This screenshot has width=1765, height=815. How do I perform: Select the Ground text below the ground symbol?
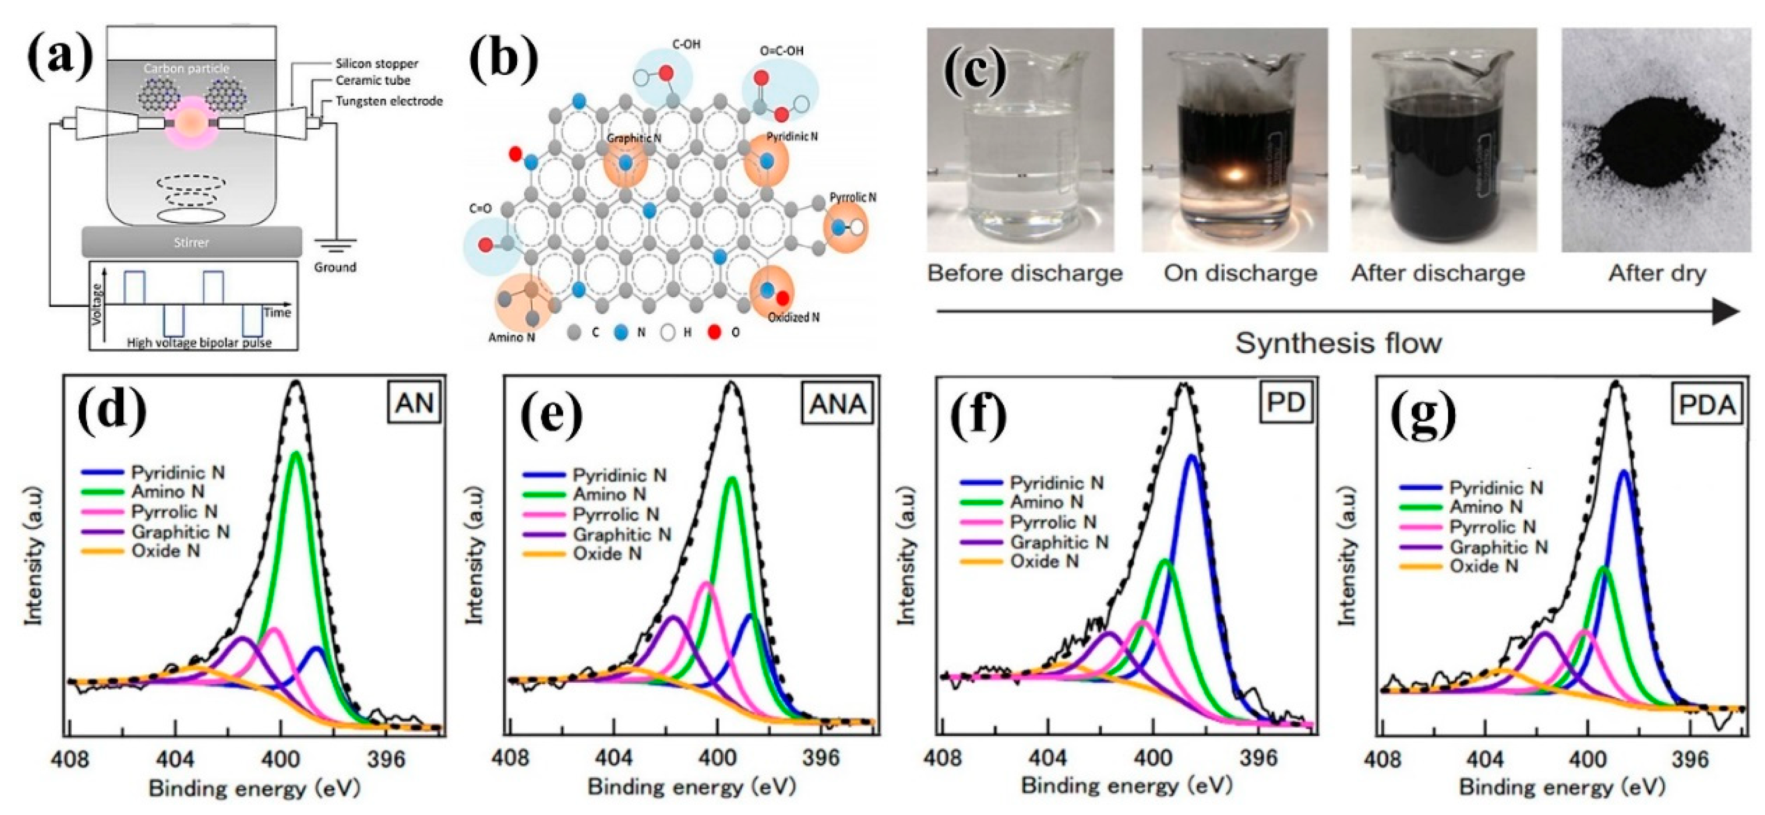click(x=335, y=267)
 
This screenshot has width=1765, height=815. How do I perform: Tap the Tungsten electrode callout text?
click(x=388, y=101)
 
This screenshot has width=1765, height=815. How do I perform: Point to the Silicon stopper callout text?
click(x=376, y=64)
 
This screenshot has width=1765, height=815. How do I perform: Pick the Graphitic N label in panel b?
click(x=634, y=139)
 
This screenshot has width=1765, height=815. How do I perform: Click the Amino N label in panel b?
click(x=511, y=337)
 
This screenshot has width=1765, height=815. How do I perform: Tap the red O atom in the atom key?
click(x=715, y=333)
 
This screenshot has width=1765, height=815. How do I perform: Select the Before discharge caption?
click(x=1024, y=273)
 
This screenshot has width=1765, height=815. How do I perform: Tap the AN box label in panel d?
click(x=415, y=404)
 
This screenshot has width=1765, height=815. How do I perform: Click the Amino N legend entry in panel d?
click(x=168, y=491)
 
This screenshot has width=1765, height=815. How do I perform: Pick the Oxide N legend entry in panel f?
click(x=1044, y=561)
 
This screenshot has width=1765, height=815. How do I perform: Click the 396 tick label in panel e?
click(x=821, y=758)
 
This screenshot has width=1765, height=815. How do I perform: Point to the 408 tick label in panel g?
click(x=1383, y=760)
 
